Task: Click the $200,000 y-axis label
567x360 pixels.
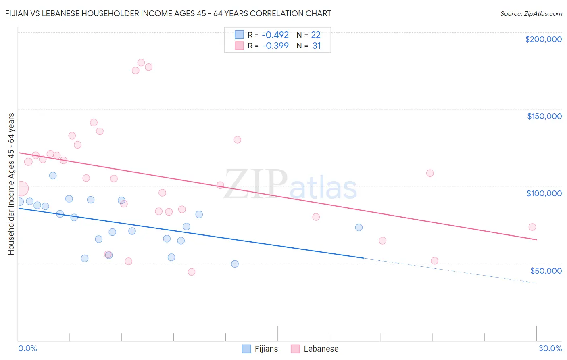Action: pyautogui.click(x=543, y=39)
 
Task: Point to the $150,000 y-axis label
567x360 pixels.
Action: pyautogui.click(x=544, y=116)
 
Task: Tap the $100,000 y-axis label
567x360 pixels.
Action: pyautogui.click(x=544, y=193)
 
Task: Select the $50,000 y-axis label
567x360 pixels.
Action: pyautogui.click(x=546, y=270)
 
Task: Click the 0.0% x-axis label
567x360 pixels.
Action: pyautogui.click(x=27, y=348)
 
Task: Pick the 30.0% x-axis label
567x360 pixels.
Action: pyautogui.click(x=550, y=348)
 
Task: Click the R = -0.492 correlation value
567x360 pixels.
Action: pyautogui.click(x=268, y=35)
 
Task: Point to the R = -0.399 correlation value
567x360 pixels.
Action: pyautogui.click(x=268, y=46)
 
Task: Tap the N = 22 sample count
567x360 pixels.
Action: pyautogui.click(x=309, y=35)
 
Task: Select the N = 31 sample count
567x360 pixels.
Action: pyautogui.click(x=309, y=46)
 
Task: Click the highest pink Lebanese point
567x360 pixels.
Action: pyautogui.click(x=141, y=63)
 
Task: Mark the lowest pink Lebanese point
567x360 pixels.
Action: pyautogui.click(x=192, y=272)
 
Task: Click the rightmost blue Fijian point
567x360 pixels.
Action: pyautogui.click(x=359, y=228)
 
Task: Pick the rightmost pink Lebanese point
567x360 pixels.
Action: pyautogui.click(x=532, y=227)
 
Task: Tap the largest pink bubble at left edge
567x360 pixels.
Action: pyautogui.click(x=21, y=188)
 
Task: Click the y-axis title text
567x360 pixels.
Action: pyautogui.click(x=11, y=184)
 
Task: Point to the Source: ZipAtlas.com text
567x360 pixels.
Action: pyautogui.click(x=531, y=14)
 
